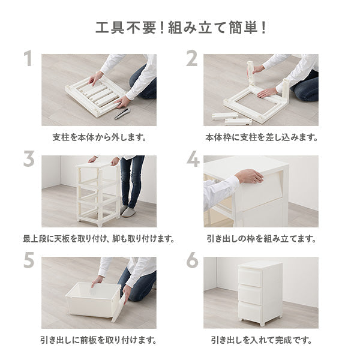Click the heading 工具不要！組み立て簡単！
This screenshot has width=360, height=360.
click(180, 28)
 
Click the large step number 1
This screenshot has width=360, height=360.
click(28, 59)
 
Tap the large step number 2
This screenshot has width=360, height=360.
click(192, 59)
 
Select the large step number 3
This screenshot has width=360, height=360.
click(28, 160)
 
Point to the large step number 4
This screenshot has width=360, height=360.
click(193, 160)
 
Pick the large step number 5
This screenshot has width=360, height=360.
click(28, 261)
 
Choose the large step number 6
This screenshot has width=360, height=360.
click(192, 261)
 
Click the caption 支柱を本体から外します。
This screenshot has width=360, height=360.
click(99, 137)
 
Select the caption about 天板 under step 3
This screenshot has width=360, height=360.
click(99, 239)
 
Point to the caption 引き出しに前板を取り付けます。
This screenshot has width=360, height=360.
click(99, 340)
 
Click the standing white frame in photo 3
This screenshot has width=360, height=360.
click(97, 192)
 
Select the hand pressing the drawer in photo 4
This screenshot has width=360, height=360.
click(248, 176)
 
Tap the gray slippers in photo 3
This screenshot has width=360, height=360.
click(128, 211)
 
